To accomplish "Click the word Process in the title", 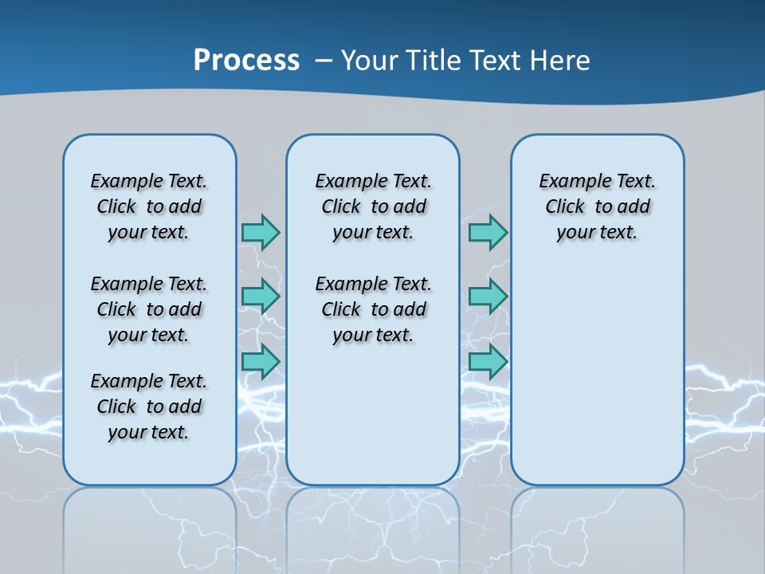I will (x=246, y=61).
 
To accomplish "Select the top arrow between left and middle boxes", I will (x=261, y=232).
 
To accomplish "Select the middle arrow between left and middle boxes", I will (x=261, y=297).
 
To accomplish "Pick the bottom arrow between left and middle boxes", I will (x=261, y=361).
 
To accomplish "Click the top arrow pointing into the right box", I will (x=488, y=232).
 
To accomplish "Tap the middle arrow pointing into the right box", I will (x=488, y=297).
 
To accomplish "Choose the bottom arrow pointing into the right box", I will (x=488, y=361).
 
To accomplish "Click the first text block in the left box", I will (x=149, y=206).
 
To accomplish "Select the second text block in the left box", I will (x=149, y=309).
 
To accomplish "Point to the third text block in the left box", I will (x=149, y=407).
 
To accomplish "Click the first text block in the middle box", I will (x=373, y=206).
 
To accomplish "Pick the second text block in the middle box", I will (x=373, y=309).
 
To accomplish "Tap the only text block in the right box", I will (x=597, y=206).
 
